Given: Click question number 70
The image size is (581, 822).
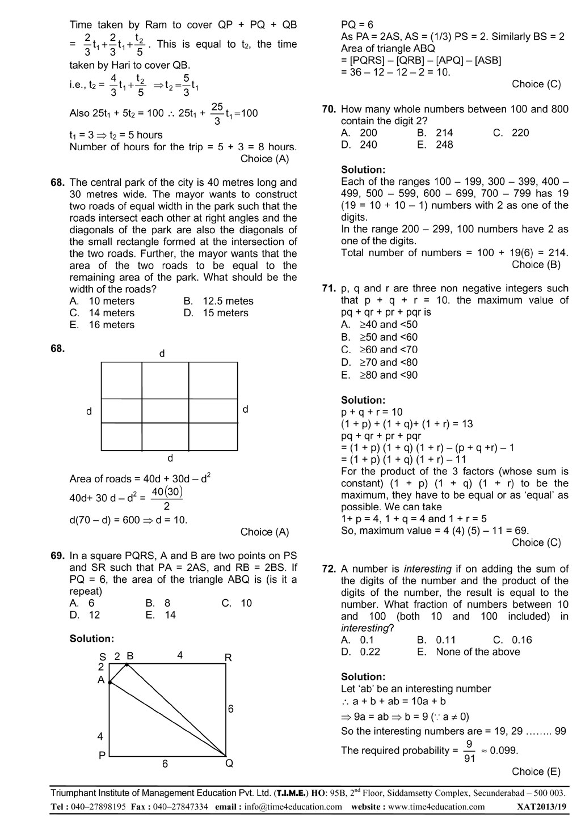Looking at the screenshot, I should point(330,109).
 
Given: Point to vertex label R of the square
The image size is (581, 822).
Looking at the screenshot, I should point(228,658).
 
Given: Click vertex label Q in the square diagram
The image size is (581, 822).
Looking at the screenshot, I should point(229,764).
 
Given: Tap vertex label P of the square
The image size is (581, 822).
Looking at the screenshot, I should point(102,756).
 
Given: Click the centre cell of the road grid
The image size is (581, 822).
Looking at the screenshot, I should point(165,410).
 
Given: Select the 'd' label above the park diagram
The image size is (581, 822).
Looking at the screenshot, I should point(162,354).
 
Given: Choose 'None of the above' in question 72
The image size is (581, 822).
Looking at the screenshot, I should point(478,652).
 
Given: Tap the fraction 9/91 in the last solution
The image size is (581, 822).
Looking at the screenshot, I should point(469,751).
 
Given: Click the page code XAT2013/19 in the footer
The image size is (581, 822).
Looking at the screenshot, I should point(542,807).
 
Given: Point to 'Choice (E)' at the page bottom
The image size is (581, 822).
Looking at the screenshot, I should point(536,772).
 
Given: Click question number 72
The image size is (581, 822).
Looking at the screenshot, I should point(330,569).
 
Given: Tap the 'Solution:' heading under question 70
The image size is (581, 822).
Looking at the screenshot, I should point(363,170).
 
